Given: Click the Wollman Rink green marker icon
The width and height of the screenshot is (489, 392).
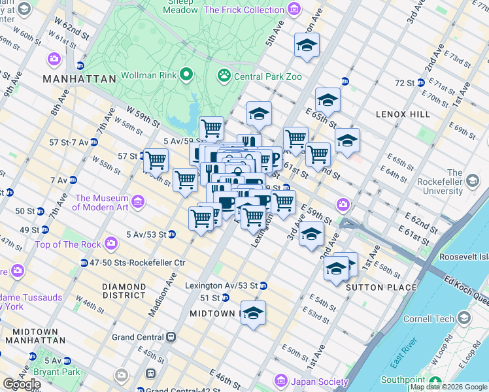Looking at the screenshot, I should pyautogui.click(x=186, y=74).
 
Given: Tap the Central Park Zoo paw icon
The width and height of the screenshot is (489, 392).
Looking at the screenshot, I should pyautogui.click(x=224, y=76).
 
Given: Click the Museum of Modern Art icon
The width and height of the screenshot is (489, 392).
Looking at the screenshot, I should pyautogui.click(x=138, y=203).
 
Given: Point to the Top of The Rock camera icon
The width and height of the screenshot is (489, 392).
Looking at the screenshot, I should pyautogui.click(x=111, y=244).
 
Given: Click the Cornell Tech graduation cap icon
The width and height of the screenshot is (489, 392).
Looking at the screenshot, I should pyautogui.click(x=464, y=318).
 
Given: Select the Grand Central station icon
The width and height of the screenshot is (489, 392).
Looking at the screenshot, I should pyautogui.click(x=171, y=337).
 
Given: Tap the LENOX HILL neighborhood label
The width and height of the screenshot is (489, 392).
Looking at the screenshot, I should pyautogui.click(x=403, y=114).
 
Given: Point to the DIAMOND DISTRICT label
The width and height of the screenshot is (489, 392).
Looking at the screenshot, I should pyautogui.click(x=124, y=291).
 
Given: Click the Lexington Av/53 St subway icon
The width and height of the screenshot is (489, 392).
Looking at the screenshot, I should pyautogui.click(x=263, y=286).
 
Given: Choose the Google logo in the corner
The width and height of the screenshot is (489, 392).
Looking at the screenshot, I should pyautogui.click(x=21, y=384).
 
